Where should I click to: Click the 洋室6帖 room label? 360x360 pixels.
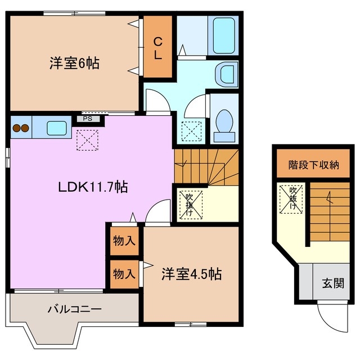74,63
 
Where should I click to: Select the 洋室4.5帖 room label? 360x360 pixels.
191,274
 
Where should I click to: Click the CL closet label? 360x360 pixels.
158,48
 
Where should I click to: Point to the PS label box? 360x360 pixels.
88,119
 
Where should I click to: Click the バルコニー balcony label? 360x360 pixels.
74,309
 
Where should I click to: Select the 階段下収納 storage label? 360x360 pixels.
314,165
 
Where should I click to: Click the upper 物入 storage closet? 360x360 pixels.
124,241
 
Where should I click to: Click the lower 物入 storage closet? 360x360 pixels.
124,274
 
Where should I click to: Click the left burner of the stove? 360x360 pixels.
16,128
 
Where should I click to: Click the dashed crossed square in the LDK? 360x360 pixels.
87,139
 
